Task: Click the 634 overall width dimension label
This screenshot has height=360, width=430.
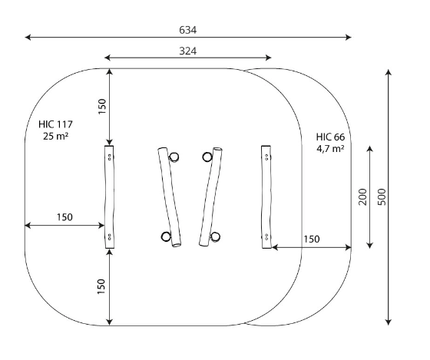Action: (x=188, y=30)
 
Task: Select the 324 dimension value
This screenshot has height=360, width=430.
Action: (x=188, y=51)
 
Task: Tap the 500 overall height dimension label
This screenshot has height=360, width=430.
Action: (x=382, y=197)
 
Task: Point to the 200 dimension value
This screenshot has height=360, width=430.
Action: (x=362, y=197)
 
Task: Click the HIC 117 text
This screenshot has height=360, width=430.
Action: (x=55, y=124)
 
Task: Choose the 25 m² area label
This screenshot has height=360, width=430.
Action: (x=55, y=136)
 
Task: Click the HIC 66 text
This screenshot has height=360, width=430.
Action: (x=330, y=137)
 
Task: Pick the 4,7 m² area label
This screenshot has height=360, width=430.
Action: (x=330, y=149)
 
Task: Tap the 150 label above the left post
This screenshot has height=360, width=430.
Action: (x=101, y=107)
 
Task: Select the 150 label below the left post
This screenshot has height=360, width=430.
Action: (x=101, y=286)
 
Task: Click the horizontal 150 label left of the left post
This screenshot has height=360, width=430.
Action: (x=64, y=217)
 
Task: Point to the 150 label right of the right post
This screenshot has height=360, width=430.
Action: (x=312, y=239)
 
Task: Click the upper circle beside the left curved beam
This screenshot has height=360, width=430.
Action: (x=174, y=157)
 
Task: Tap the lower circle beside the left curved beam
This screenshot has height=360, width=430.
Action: (x=166, y=236)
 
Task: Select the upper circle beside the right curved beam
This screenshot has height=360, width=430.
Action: (x=207, y=157)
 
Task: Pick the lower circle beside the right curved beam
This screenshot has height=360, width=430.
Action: (x=215, y=236)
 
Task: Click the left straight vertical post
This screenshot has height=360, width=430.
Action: (x=109, y=197)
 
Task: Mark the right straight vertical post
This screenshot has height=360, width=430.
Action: (x=266, y=197)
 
